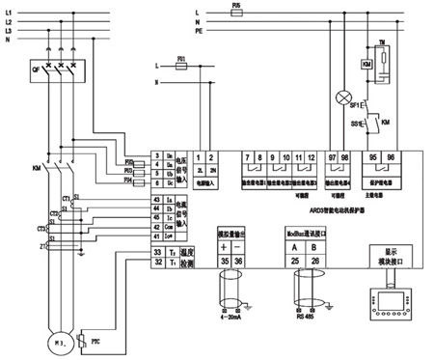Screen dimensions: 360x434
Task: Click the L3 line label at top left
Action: point(10,31)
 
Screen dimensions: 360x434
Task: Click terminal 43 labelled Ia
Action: point(157,200)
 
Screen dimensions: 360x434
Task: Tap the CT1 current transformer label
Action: point(41,196)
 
